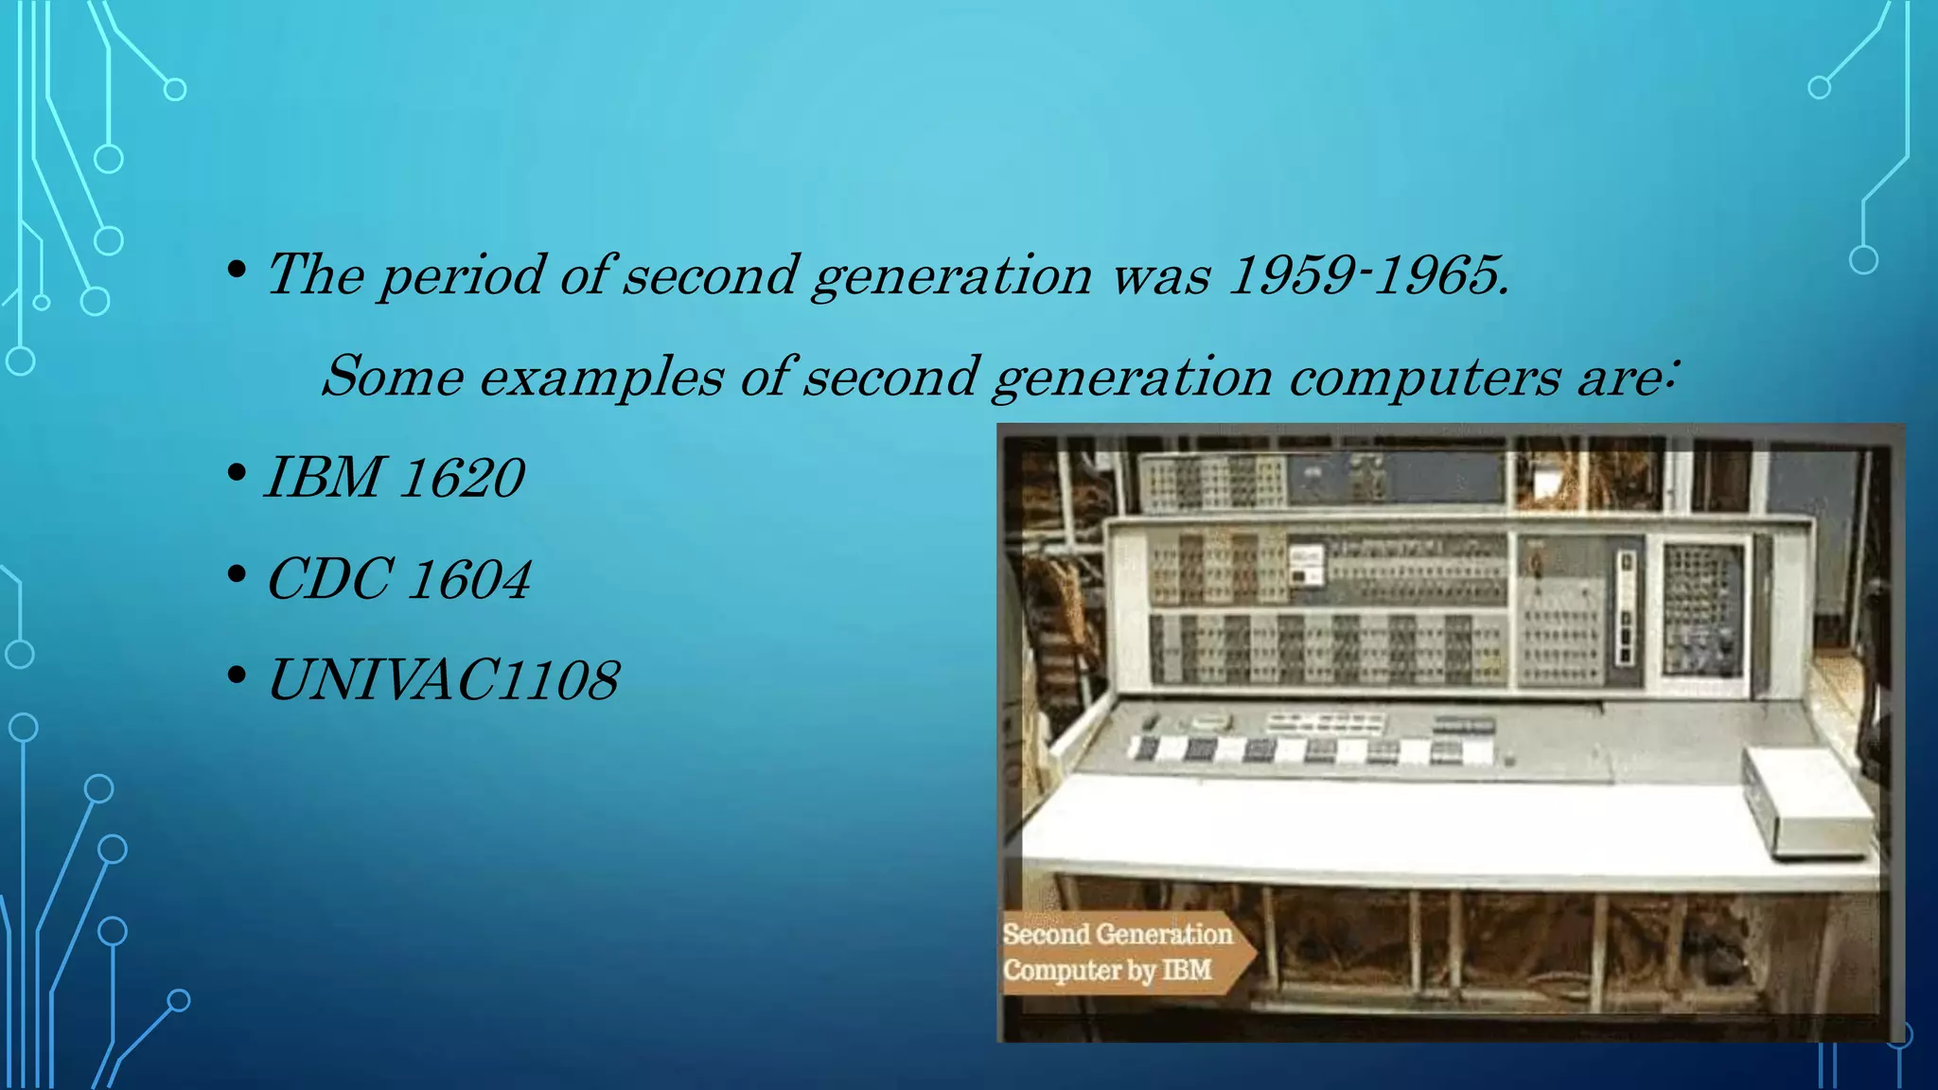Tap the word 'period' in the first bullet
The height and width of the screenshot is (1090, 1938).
462,276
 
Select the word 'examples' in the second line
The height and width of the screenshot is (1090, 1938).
601,377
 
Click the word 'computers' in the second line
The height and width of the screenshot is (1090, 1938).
1424,377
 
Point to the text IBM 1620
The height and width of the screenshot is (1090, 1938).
395,477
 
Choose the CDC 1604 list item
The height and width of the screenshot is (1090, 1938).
398,579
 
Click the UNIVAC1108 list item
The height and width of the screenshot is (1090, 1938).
443,680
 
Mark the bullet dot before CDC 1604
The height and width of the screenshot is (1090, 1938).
238,574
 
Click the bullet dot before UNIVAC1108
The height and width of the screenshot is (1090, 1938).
238,676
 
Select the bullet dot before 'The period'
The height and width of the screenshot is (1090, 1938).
238,272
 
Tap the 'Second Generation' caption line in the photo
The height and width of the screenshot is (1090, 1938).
1117,934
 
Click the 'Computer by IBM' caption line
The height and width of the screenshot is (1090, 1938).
1107,970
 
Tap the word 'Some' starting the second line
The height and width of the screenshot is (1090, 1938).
393,377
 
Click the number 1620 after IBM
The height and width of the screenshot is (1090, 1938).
461,477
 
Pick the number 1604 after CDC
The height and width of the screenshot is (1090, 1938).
470,579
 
